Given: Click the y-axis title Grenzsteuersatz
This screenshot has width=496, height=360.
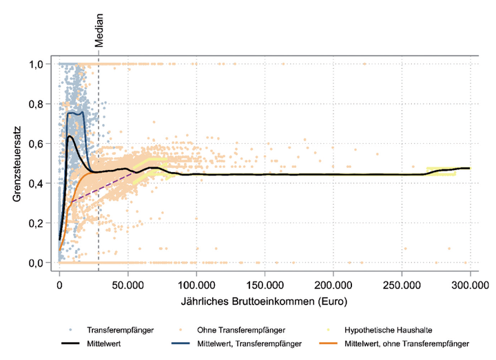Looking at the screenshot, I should coord(17,164).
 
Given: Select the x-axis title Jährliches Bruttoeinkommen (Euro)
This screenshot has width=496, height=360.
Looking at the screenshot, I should coord(265,301).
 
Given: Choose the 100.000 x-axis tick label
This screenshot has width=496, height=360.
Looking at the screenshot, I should coord(196,283).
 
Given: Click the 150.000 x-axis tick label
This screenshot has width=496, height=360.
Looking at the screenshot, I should coord(265,283).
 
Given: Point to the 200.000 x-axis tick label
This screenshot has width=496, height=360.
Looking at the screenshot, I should coord(333,283).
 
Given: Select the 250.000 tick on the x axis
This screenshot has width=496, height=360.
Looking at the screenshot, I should coord(402,283).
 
